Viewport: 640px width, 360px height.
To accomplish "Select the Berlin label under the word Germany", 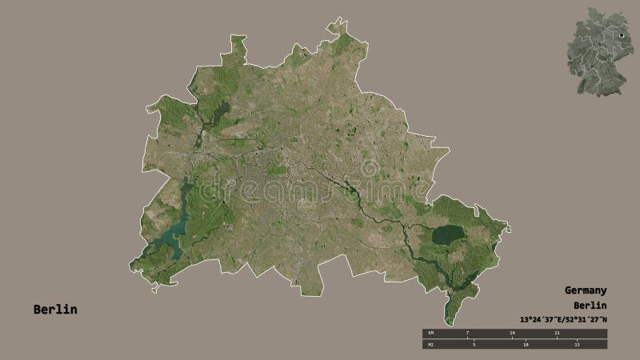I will pos(590,306).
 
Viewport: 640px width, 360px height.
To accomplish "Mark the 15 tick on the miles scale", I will pos(576,344).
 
